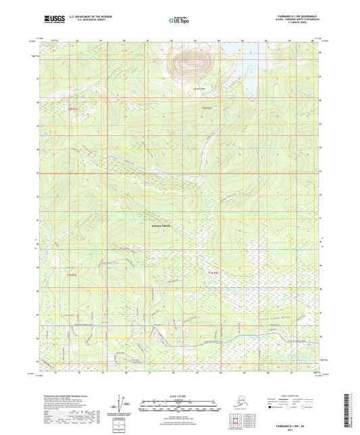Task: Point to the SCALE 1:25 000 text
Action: pos(179,396)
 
